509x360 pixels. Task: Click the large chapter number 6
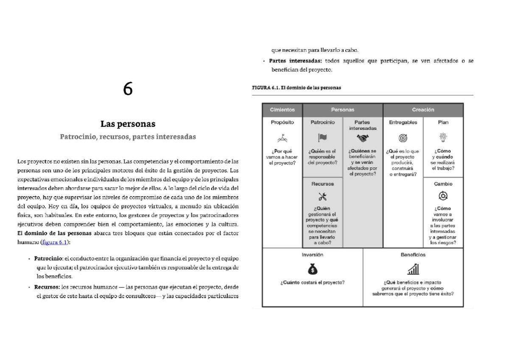[x=128, y=89]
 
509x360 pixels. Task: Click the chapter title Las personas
[x=128, y=124]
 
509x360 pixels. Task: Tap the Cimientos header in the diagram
[x=282, y=110]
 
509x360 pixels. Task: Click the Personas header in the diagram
[x=343, y=110]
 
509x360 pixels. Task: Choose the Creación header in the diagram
[x=423, y=110]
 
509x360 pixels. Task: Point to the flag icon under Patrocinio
[x=322, y=138]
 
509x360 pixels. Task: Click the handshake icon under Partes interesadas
[x=363, y=138]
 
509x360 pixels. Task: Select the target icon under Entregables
[x=403, y=138]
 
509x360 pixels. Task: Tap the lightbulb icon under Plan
[x=443, y=137]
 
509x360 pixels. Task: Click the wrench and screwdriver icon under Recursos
[x=322, y=196]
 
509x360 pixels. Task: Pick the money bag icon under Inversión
[x=312, y=269]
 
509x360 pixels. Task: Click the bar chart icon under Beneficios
[x=413, y=269]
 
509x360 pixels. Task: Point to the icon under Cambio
[x=443, y=196]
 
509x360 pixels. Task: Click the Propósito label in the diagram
[x=282, y=122]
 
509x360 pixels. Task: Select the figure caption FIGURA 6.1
[x=296, y=88]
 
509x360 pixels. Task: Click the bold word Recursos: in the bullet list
[x=47, y=287]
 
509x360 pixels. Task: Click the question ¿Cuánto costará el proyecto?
[x=312, y=282]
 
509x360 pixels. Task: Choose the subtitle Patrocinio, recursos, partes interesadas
[x=128, y=137]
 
